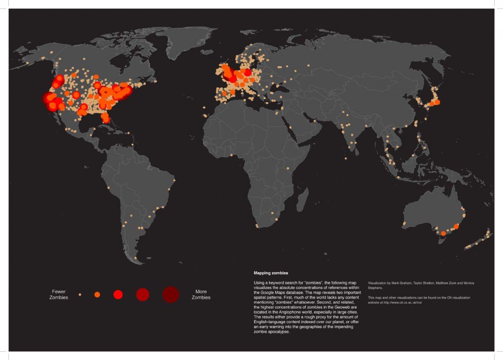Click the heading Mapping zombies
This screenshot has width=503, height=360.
[x=271, y=273]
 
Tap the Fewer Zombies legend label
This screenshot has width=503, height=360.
[x=58, y=295]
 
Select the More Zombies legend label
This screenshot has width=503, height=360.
[x=201, y=295]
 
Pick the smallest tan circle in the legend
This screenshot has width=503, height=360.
[x=80, y=295]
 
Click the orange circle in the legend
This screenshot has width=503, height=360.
[x=97, y=295]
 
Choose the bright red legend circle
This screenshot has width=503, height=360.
[x=118, y=295]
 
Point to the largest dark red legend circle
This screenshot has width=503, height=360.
[x=170, y=294]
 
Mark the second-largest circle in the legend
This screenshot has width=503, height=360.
[x=142, y=295]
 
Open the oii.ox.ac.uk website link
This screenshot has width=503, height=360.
[x=403, y=303]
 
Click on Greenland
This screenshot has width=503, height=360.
[x=187, y=42]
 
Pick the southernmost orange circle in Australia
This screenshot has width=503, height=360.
[x=443, y=233]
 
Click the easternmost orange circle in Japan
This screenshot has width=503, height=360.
[x=437, y=102]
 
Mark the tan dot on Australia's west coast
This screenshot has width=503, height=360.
[x=404, y=223]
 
